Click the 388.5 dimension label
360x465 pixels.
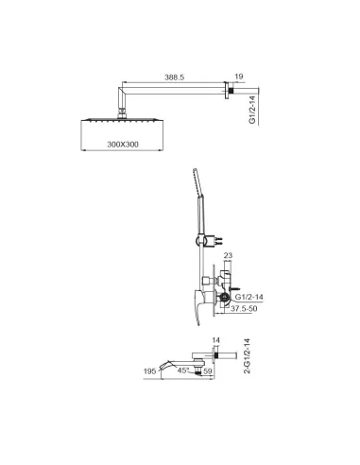[x=174, y=77]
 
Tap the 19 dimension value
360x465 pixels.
[x=239, y=77]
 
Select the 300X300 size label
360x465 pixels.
[x=123, y=145]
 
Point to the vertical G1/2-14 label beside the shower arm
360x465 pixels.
[x=252, y=110]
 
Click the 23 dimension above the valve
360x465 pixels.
[x=228, y=255]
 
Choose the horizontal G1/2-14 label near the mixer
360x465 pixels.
[x=249, y=297]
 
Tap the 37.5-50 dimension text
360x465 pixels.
[x=244, y=308]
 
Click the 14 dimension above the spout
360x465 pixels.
[x=216, y=340]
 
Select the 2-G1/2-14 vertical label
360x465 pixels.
[x=248, y=356]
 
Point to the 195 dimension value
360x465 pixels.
[x=149, y=371]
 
